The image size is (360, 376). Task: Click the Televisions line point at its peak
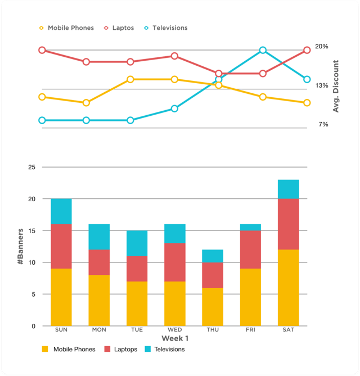pyautogui.click(x=263, y=51)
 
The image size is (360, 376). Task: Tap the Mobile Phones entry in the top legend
pyautogui.click(x=66, y=28)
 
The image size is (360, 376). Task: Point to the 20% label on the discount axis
pyautogui.click(x=322, y=47)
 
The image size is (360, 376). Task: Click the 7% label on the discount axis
pyautogui.click(x=323, y=124)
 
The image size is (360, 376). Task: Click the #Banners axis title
pyautogui.click(x=21, y=246)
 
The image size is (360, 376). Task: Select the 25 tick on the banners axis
pyautogui.click(x=31, y=167)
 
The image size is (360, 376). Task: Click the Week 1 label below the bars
pyautogui.click(x=175, y=338)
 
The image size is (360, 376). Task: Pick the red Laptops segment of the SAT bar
pyautogui.click(x=288, y=224)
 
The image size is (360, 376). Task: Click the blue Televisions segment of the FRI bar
pyautogui.click(x=250, y=227)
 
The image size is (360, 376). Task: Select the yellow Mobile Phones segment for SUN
pyautogui.click(x=61, y=297)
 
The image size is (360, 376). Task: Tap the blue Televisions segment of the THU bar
pyautogui.click(x=213, y=256)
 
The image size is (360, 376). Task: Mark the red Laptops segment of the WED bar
pyautogui.click(x=175, y=262)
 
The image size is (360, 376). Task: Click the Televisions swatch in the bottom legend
pyautogui.click(x=148, y=350)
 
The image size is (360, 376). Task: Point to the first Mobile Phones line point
pyautogui.click(x=42, y=97)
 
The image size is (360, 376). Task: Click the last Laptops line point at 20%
pyautogui.click(x=307, y=51)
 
